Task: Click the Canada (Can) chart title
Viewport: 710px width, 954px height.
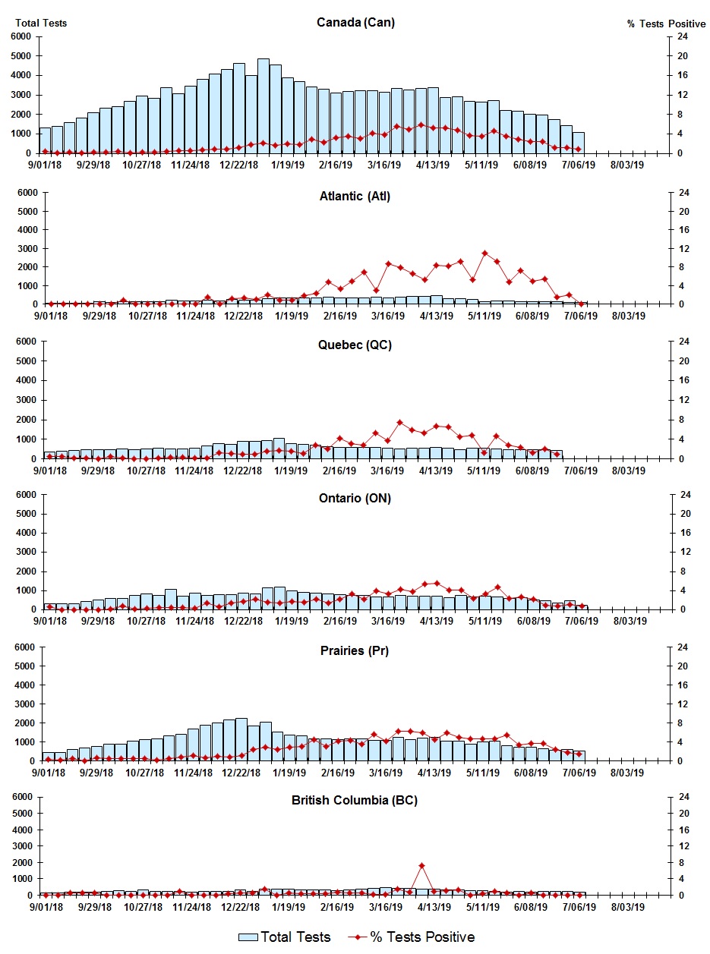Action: point(355,23)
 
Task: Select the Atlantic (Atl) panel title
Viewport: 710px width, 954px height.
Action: point(355,197)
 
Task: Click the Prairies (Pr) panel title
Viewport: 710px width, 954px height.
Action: point(354,650)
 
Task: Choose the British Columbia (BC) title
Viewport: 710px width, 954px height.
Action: point(355,800)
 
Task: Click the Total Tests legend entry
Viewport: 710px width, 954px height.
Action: point(286,937)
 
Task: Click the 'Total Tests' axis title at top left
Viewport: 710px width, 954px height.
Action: point(41,23)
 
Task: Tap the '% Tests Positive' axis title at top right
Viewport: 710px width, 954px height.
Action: point(666,24)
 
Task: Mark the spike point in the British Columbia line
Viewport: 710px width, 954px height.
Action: point(421,866)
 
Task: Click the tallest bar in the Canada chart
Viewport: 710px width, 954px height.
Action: point(263,105)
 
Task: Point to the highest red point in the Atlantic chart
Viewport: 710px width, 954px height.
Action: point(484,253)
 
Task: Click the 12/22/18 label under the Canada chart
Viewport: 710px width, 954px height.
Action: point(239,164)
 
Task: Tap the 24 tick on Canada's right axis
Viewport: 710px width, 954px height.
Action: point(683,36)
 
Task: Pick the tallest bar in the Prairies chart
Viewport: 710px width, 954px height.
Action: point(241,739)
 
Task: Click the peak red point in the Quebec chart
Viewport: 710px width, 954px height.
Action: point(400,423)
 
